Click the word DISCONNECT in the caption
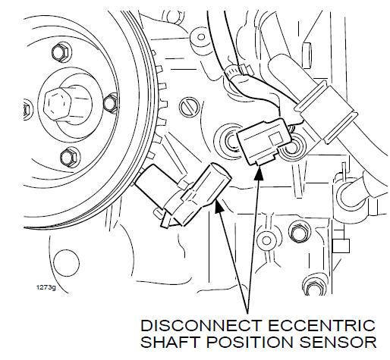click(201, 326)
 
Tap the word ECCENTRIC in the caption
click(322, 326)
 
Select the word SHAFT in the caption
click(169, 342)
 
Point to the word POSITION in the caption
click(249, 342)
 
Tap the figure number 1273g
click(46, 287)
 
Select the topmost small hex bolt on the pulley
click(60, 52)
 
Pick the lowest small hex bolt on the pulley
click(69, 158)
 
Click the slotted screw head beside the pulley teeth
click(189, 107)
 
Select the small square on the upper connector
click(276, 139)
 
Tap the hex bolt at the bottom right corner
click(313, 286)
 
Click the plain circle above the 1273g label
click(66, 262)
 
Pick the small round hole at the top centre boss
click(201, 37)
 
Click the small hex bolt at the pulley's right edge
click(111, 103)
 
